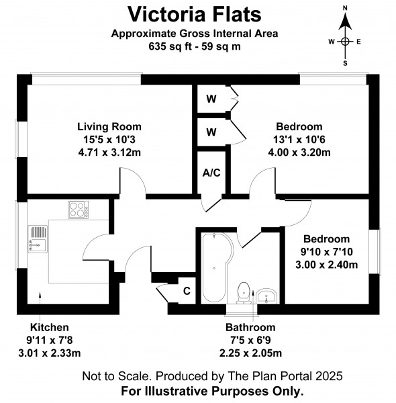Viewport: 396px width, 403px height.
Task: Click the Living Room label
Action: (109, 127)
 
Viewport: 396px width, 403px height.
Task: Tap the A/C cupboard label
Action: (211, 173)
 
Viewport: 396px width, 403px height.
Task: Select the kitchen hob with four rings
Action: (79, 210)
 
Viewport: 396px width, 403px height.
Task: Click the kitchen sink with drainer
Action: (38, 239)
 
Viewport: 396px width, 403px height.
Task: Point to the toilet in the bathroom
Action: (244, 293)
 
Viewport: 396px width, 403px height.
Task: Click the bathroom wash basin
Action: (266, 296)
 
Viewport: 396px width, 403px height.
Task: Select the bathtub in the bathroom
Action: (217, 267)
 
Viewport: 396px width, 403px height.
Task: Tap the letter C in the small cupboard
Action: (187, 291)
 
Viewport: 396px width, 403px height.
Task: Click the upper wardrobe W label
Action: (211, 99)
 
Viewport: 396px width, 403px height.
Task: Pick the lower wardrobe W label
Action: (211, 132)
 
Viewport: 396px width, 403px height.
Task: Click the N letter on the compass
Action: (345, 8)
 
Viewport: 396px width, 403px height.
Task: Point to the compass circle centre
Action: (345, 42)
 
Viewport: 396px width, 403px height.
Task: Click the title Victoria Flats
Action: (195, 14)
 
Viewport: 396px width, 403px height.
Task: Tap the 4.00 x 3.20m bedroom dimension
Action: (299, 152)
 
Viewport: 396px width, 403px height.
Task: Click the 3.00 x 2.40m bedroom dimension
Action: (327, 265)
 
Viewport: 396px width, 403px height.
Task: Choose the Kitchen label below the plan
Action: (50, 328)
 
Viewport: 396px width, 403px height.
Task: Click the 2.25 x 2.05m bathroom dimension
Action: (250, 353)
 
